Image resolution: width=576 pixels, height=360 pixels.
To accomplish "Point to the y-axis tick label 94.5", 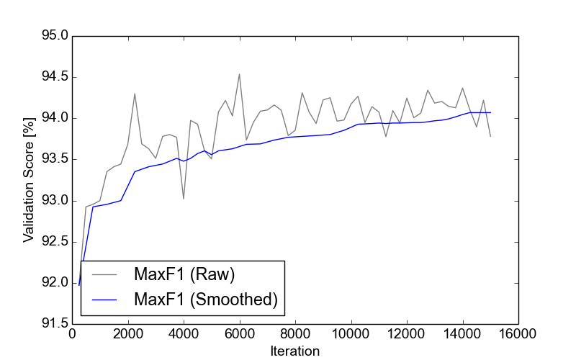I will (x=53, y=77).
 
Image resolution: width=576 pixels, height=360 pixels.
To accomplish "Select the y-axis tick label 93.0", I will (x=53, y=200).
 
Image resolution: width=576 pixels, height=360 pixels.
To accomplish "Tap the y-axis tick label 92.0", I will (x=53, y=283).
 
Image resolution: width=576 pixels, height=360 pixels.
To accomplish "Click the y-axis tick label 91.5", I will (x=53, y=324).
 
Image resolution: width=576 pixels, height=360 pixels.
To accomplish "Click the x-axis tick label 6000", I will (x=239, y=335).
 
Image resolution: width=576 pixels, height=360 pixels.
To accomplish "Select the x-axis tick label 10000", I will (x=351, y=335).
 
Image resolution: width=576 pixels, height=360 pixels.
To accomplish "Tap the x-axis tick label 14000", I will (x=462, y=335).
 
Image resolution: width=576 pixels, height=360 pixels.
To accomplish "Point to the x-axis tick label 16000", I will (x=518, y=335).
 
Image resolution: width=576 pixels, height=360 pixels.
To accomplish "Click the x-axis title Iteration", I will (x=294, y=351).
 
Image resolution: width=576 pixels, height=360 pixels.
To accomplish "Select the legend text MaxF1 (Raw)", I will (x=184, y=274).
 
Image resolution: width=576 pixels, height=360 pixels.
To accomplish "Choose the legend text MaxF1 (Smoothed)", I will (x=205, y=300).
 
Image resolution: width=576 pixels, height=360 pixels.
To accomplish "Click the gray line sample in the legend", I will (x=104, y=275).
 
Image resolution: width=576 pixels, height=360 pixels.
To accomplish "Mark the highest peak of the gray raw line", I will (x=239, y=73).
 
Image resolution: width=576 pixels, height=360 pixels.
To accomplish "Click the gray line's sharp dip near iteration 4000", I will (x=184, y=199).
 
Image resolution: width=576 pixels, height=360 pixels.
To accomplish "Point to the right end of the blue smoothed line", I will (x=490, y=112).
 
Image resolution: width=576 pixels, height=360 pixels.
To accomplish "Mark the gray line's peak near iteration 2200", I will (x=135, y=94).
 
